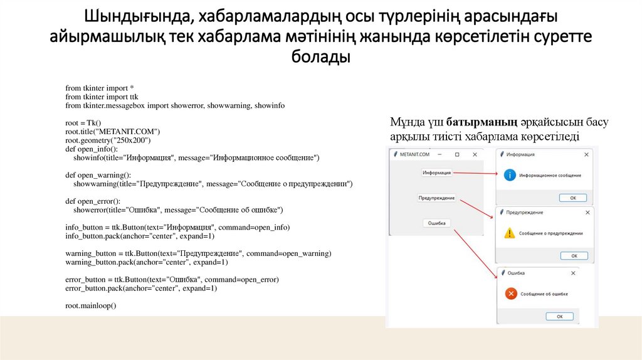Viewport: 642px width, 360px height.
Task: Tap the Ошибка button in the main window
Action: coord(436,223)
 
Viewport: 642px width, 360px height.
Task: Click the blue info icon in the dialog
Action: coord(511,176)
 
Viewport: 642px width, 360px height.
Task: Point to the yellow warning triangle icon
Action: coord(510,233)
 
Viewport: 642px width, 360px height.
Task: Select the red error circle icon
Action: coord(511,293)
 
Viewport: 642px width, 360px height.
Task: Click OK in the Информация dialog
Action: coord(572,198)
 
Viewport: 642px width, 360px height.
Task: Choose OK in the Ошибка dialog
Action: coord(559,316)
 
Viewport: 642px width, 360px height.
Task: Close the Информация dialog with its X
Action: coord(586,154)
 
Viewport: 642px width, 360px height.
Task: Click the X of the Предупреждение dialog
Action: coord(586,213)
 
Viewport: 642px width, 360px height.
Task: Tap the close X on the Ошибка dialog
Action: coord(572,273)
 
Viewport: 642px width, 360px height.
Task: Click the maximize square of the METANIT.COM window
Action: coord(457,154)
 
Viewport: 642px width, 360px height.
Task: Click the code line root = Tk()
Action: coord(83,123)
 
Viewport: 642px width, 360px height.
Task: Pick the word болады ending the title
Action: coord(320,57)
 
